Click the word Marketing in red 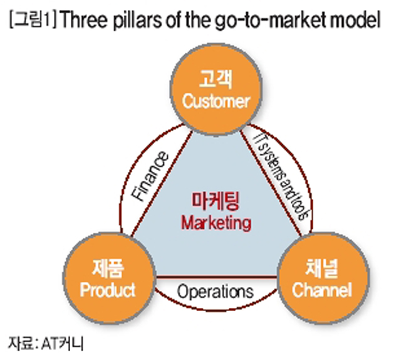[216, 223]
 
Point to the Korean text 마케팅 [216, 203]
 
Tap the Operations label [215, 292]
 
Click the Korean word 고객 [216, 80]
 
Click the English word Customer [216, 101]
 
